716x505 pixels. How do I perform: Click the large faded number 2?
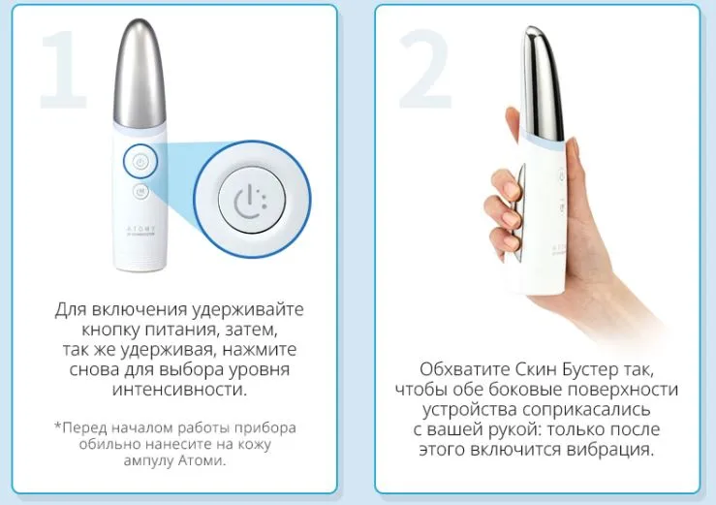(x=424, y=69)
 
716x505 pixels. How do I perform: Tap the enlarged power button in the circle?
(x=252, y=200)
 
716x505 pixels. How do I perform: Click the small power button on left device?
(x=140, y=161)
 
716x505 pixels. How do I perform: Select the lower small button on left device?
(x=140, y=192)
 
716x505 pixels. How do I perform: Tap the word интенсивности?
(x=179, y=390)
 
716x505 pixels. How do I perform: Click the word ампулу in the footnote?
(x=148, y=460)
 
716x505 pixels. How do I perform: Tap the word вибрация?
(x=610, y=450)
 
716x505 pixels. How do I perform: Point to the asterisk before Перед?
(x=57, y=426)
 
